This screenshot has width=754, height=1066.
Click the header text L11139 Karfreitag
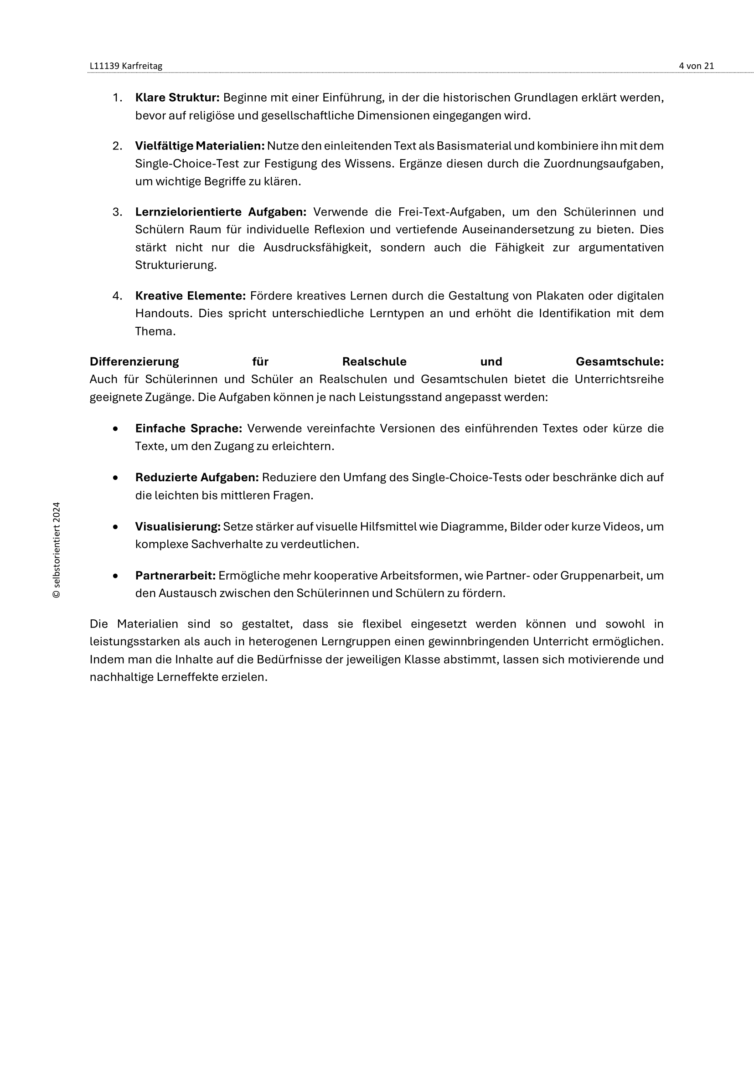tap(126, 66)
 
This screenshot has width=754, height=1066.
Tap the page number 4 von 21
tap(696, 66)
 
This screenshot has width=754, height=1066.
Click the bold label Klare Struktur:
tap(177, 98)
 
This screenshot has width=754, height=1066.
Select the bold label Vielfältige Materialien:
tap(200, 146)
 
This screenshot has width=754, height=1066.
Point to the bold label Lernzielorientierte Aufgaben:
tap(221, 212)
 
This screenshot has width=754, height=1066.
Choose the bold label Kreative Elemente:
tap(190, 296)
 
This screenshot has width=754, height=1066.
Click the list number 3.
tap(117, 212)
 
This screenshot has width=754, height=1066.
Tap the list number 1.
tap(117, 98)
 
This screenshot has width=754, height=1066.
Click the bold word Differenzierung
tap(134, 362)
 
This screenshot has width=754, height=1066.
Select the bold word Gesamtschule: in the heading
tap(620, 362)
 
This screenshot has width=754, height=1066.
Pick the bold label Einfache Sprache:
tap(189, 428)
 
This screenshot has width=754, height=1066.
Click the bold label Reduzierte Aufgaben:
tap(197, 477)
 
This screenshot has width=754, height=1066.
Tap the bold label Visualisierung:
tap(178, 526)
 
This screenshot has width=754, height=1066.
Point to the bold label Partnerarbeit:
tap(176, 576)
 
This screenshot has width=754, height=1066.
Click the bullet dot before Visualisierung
tap(115, 527)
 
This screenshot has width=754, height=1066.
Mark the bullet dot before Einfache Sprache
tap(115, 428)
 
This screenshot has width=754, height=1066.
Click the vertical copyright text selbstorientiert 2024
tap(57, 550)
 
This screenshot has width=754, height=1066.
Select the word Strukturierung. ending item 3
tap(176, 265)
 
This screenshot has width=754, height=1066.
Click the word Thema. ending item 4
tap(155, 331)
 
